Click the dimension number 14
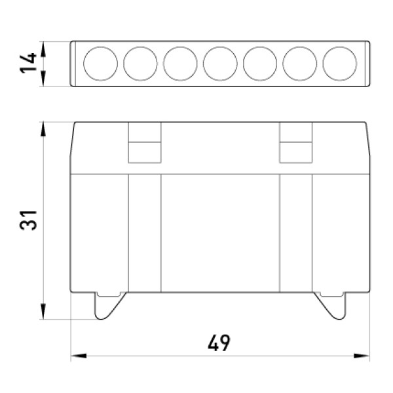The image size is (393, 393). tap(28, 63)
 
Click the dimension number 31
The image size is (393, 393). tap(28, 220)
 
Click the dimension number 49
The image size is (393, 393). tap(219, 343)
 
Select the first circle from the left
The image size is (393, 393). tap(100, 47)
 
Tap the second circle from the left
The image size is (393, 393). tap(140, 47)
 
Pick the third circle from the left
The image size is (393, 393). tap(180, 47)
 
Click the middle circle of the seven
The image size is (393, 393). tap(220, 47)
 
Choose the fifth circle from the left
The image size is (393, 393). tap(260, 47)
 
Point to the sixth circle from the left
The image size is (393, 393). tap(300, 47)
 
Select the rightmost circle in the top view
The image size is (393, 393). tap(339, 47)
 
